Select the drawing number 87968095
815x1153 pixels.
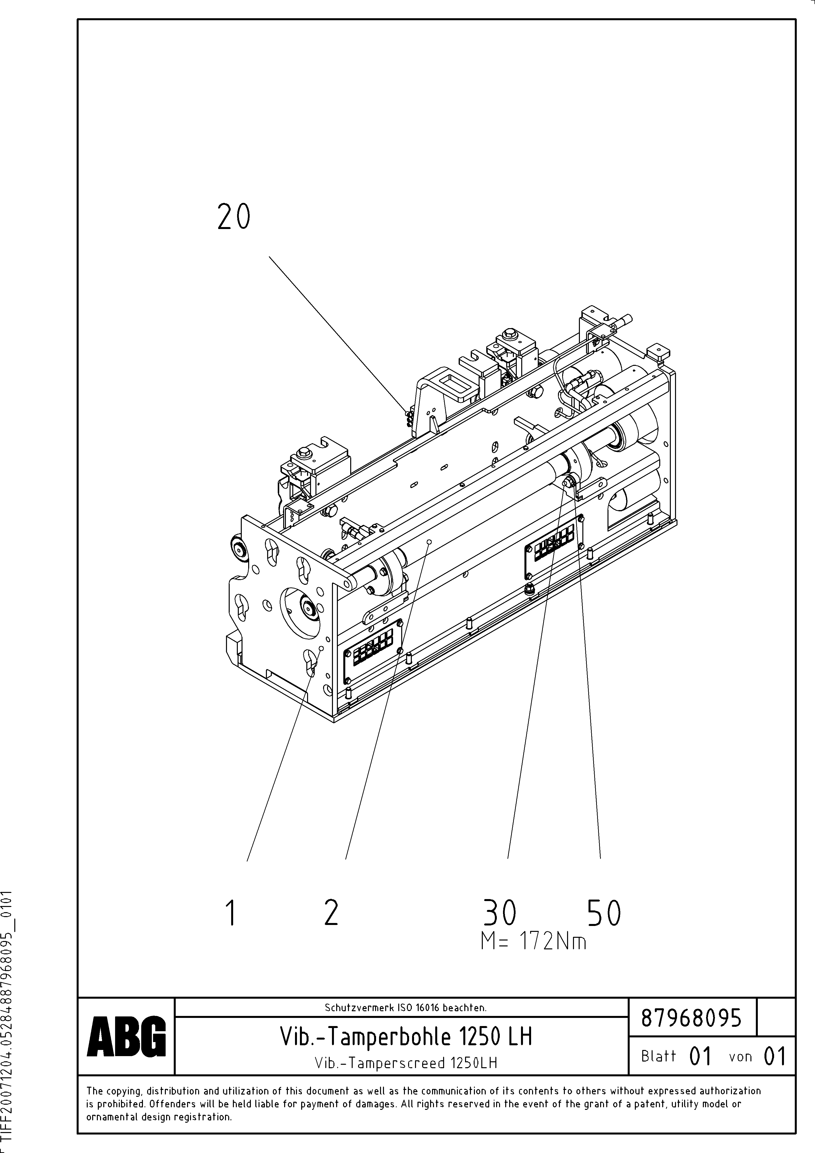[x=692, y=1019]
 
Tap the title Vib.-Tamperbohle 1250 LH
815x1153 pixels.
[x=406, y=1036]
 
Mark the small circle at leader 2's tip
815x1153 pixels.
[x=429, y=542]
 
